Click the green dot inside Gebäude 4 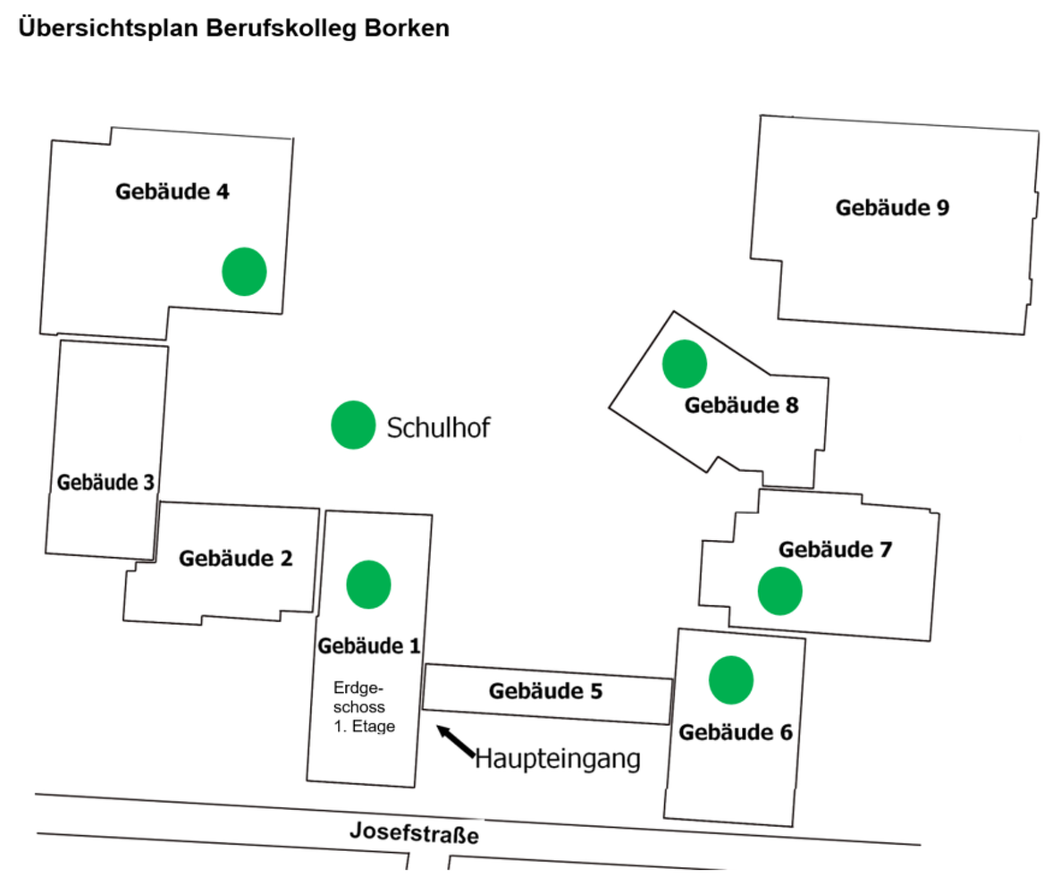pos(244,272)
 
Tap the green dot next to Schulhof pos(353,425)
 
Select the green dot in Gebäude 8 pos(685,364)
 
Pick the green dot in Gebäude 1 pos(368,584)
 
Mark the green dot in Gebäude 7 pos(779,591)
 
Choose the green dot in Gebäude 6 pos(731,679)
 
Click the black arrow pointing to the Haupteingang pos(456,743)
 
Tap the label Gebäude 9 pos(892,208)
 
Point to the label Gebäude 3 pos(105,483)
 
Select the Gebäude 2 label pos(236,559)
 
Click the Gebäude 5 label pos(546,691)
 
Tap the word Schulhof pos(439,428)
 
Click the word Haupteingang pos(558,759)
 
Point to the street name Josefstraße pos(414,833)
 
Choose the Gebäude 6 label pos(736,733)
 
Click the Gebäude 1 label pos(369,645)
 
